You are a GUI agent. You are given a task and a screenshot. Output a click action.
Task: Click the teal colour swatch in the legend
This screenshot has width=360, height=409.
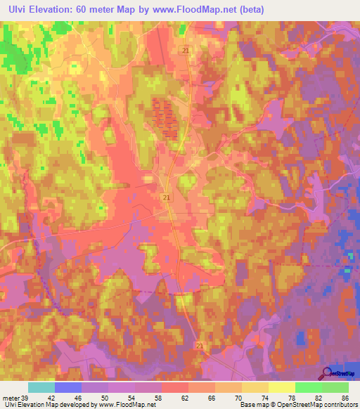coord(41,387)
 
